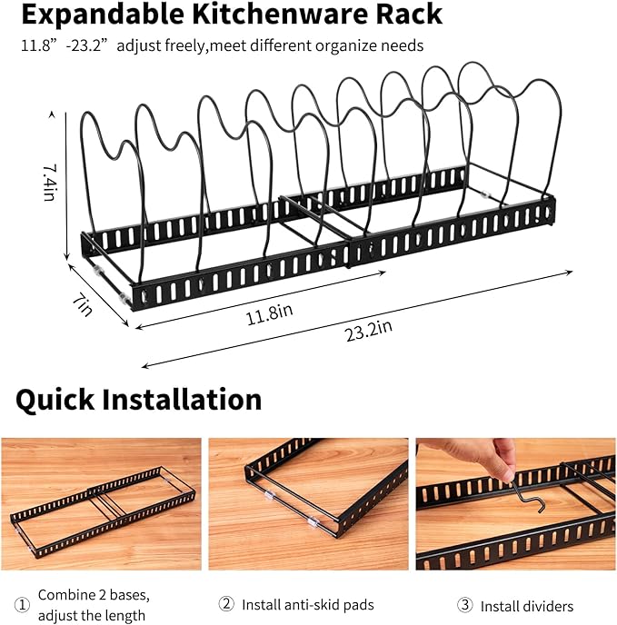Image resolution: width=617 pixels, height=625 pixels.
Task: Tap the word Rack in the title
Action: [406, 15]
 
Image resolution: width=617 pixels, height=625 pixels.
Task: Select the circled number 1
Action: [22, 604]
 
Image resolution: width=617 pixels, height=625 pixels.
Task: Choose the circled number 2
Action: [227, 604]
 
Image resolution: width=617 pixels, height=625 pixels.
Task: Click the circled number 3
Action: [463, 605]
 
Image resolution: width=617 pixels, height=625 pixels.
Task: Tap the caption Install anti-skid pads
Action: [307, 604]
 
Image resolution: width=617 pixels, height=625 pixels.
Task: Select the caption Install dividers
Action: [527, 606]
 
